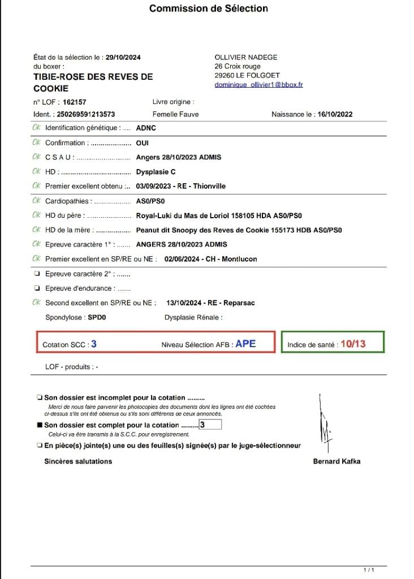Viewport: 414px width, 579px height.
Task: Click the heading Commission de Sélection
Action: tap(208, 8)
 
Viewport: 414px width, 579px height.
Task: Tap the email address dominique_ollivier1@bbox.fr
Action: tap(259, 85)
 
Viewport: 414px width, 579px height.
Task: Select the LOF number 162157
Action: tap(75, 102)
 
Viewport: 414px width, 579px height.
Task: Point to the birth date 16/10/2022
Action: tap(335, 114)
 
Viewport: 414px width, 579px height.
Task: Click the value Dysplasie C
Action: tap(156, 172)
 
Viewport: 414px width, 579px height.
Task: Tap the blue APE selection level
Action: tap(245, 343)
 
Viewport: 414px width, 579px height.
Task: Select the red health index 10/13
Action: tap(353, 343)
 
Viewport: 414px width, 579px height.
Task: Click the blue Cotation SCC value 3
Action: tap(94, 343)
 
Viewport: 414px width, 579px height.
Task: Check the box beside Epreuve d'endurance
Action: tap(37, 288)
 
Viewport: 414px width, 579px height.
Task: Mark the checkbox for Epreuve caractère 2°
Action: tap(37, 274)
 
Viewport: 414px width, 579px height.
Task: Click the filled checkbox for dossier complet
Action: tap(40, 425)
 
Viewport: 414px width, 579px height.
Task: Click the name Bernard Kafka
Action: tap(337, 461)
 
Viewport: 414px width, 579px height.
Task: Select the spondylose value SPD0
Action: tap(97, 318)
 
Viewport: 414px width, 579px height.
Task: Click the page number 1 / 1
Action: tap(369, 569)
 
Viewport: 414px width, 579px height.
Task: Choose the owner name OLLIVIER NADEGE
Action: tap(246, 57)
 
